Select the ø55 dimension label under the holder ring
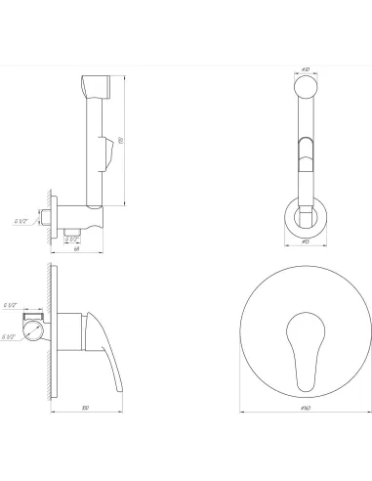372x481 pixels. (305, 240)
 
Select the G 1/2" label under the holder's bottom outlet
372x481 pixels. (71, 236)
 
